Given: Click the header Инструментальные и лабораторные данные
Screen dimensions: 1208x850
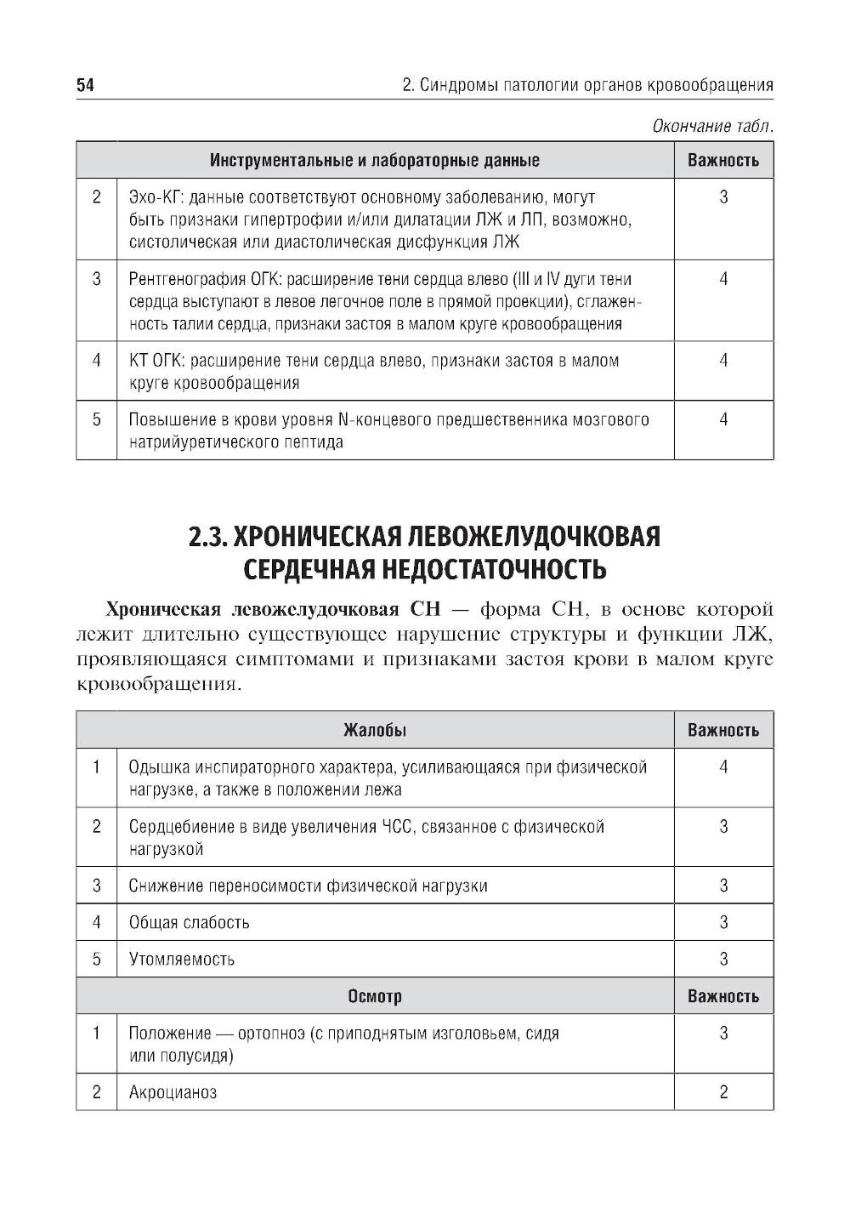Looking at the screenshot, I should pos(375,160).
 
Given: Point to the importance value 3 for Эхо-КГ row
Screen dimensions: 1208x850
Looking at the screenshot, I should pos(723,198).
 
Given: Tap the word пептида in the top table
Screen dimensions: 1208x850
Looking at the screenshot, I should pos(315,442).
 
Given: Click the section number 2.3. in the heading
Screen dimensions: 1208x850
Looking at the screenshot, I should pos(207,538).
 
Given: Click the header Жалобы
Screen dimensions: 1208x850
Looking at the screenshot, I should pos(375,730).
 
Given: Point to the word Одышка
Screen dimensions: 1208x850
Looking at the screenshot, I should pos(157,767).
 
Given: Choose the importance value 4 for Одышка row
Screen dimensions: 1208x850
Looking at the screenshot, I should pos(723,767).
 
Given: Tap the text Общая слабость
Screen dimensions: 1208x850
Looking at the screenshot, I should pos(189,922).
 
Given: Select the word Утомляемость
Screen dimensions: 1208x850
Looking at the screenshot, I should pos(182,960).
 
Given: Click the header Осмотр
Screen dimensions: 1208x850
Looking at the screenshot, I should pos(375,996).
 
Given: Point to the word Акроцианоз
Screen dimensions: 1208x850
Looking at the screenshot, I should pos(173,1092).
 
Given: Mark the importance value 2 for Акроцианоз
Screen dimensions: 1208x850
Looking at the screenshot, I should pos(723,1092).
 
